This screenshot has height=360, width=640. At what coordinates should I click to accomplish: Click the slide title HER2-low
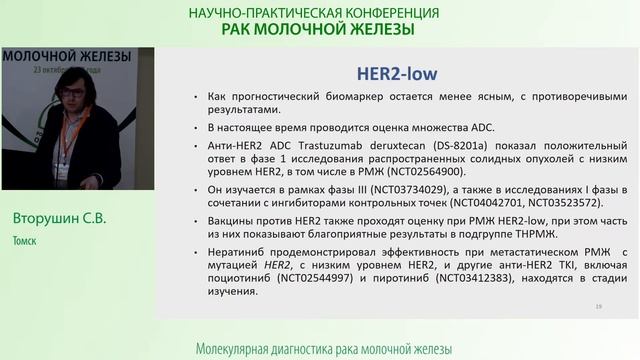tap(399, 74)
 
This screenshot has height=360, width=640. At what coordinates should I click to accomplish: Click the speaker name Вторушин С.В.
tap(56, 217)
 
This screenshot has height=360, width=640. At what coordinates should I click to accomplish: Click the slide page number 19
tap(598, 305)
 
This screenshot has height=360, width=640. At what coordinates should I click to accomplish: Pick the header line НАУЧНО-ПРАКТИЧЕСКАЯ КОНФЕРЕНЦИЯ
tap(314, 13)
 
